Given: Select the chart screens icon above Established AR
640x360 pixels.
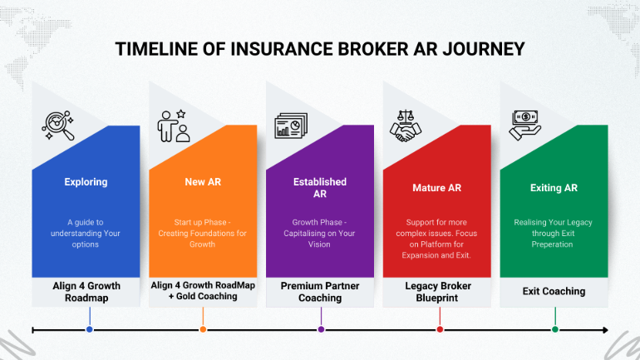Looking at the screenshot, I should pos(292,126).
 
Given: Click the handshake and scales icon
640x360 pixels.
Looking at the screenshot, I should pos(407,125).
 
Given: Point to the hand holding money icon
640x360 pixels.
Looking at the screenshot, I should pos(525,124).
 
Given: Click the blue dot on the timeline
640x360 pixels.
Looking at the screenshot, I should pos(89,329).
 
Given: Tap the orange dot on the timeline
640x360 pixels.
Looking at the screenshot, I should pos(203,329).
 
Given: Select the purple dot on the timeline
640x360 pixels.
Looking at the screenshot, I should pos(321,329).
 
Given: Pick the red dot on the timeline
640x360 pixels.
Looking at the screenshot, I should pos(440,329).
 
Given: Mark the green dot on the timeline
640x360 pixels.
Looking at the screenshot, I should pos(555,329).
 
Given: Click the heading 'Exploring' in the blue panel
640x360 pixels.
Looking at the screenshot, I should pos(86,181).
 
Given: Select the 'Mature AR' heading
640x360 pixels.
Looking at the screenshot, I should pos(436,188).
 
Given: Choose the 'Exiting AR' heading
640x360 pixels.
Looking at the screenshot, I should pos(554,188).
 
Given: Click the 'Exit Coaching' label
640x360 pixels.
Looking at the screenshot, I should pos(554,291).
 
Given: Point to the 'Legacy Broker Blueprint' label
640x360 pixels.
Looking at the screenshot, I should pos(437,291).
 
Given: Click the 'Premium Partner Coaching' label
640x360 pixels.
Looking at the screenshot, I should pos(320,291).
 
